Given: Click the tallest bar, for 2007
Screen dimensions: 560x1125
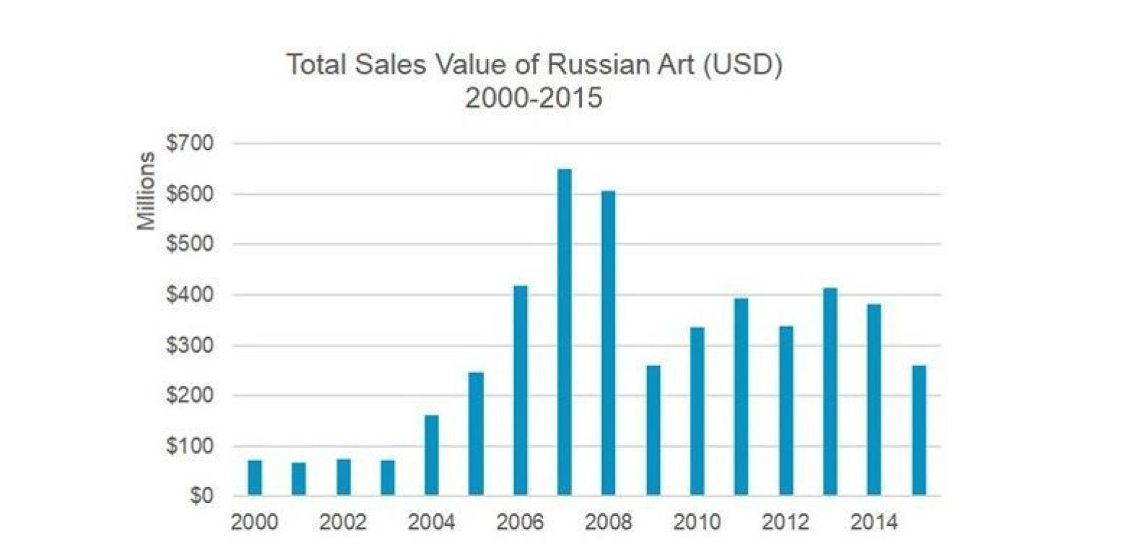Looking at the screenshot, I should click(x=564, y=332).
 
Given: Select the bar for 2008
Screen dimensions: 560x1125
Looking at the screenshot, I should click(x=609, y=344).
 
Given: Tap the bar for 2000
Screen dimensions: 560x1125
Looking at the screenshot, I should click(x=255, y=478).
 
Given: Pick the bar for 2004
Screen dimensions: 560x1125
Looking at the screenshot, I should click(x=431, y=455).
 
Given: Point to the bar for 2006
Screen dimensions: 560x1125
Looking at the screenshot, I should click(x=520, y=390).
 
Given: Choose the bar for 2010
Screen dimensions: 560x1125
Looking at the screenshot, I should click(x=697, y=411).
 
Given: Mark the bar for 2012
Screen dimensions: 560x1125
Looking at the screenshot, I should click(x=785, y=411).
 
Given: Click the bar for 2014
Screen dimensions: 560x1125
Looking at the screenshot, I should click(x=874, y=400).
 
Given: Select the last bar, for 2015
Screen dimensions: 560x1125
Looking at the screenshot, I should click(x=919, y=430).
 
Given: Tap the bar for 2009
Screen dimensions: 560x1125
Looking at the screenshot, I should click(x=653, y=430).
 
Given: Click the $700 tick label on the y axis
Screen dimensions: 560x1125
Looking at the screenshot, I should click(x=189, y=143).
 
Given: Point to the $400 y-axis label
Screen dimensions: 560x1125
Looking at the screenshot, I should click(x=189, y=295).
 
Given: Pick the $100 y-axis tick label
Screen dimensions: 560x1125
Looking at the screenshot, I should click(x=189, y=447).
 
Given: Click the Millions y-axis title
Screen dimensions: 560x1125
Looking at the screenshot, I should click(x=146, y=191).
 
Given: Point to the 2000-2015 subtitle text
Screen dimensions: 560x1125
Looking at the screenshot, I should click(x=533, y=97).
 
